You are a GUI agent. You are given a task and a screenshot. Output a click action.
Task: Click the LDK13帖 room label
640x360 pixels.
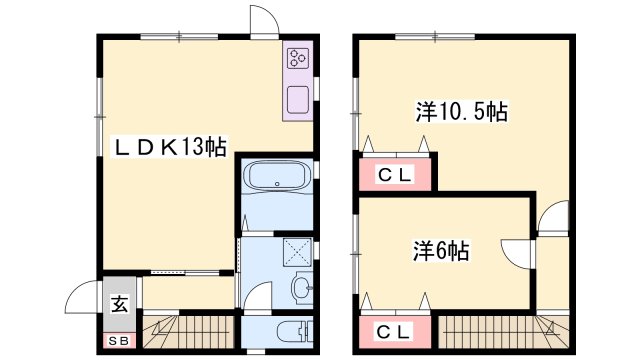tap(168, 148)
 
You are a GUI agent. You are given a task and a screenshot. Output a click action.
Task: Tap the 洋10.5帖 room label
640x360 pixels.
tap(462, 111)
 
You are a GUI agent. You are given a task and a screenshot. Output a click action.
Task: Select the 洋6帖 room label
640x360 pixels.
tap(440, 250)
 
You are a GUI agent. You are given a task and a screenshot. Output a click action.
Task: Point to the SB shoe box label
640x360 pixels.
tap(119, 339)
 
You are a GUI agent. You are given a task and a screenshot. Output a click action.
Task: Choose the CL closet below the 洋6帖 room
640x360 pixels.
tap(395, 330)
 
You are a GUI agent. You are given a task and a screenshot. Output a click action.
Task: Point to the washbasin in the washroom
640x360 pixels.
tap(299, 290)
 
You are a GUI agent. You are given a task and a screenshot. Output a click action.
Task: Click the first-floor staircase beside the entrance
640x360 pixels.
tap(190, 329)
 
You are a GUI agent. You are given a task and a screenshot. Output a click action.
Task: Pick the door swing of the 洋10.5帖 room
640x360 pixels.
tap(552, 215)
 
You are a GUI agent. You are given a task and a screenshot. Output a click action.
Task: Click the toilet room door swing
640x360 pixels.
tap(258, 297)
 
